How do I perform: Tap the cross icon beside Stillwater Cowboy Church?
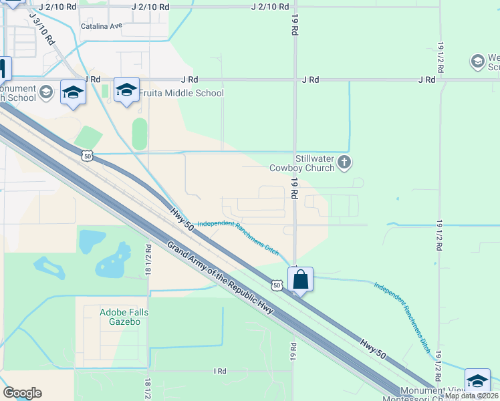point(344,162)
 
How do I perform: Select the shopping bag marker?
point(301,279)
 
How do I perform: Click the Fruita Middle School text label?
point(181,93)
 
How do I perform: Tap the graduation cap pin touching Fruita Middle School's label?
point(126,90)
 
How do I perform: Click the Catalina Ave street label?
point(102,26)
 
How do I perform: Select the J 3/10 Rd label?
point(42,30)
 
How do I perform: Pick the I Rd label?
point(220,371)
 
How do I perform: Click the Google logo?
point(22,393)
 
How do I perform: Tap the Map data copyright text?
point(472,396)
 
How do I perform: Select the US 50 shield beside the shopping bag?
point(277,285)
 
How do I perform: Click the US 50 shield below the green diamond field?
point(87,156)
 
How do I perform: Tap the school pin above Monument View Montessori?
point(477,381)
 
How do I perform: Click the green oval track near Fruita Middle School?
point(139,134)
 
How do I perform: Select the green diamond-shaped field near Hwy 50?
point(88,138)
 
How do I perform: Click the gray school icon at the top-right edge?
point(477,61)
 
